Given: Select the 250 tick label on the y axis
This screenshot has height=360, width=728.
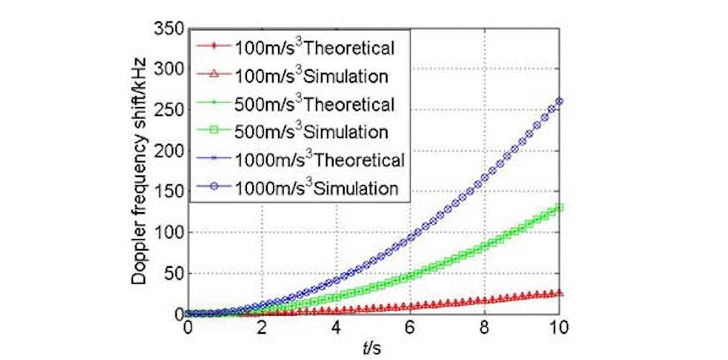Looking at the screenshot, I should [171, 110].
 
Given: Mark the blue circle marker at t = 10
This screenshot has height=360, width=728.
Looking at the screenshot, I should [559, 101].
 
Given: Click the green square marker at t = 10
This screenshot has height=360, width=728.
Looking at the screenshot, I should [559, 207].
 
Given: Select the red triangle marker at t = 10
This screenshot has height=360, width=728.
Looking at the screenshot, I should [559, 293].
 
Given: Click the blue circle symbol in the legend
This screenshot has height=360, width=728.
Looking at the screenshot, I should [211, 188].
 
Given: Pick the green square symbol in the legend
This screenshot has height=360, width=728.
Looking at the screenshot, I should [211, 132].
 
